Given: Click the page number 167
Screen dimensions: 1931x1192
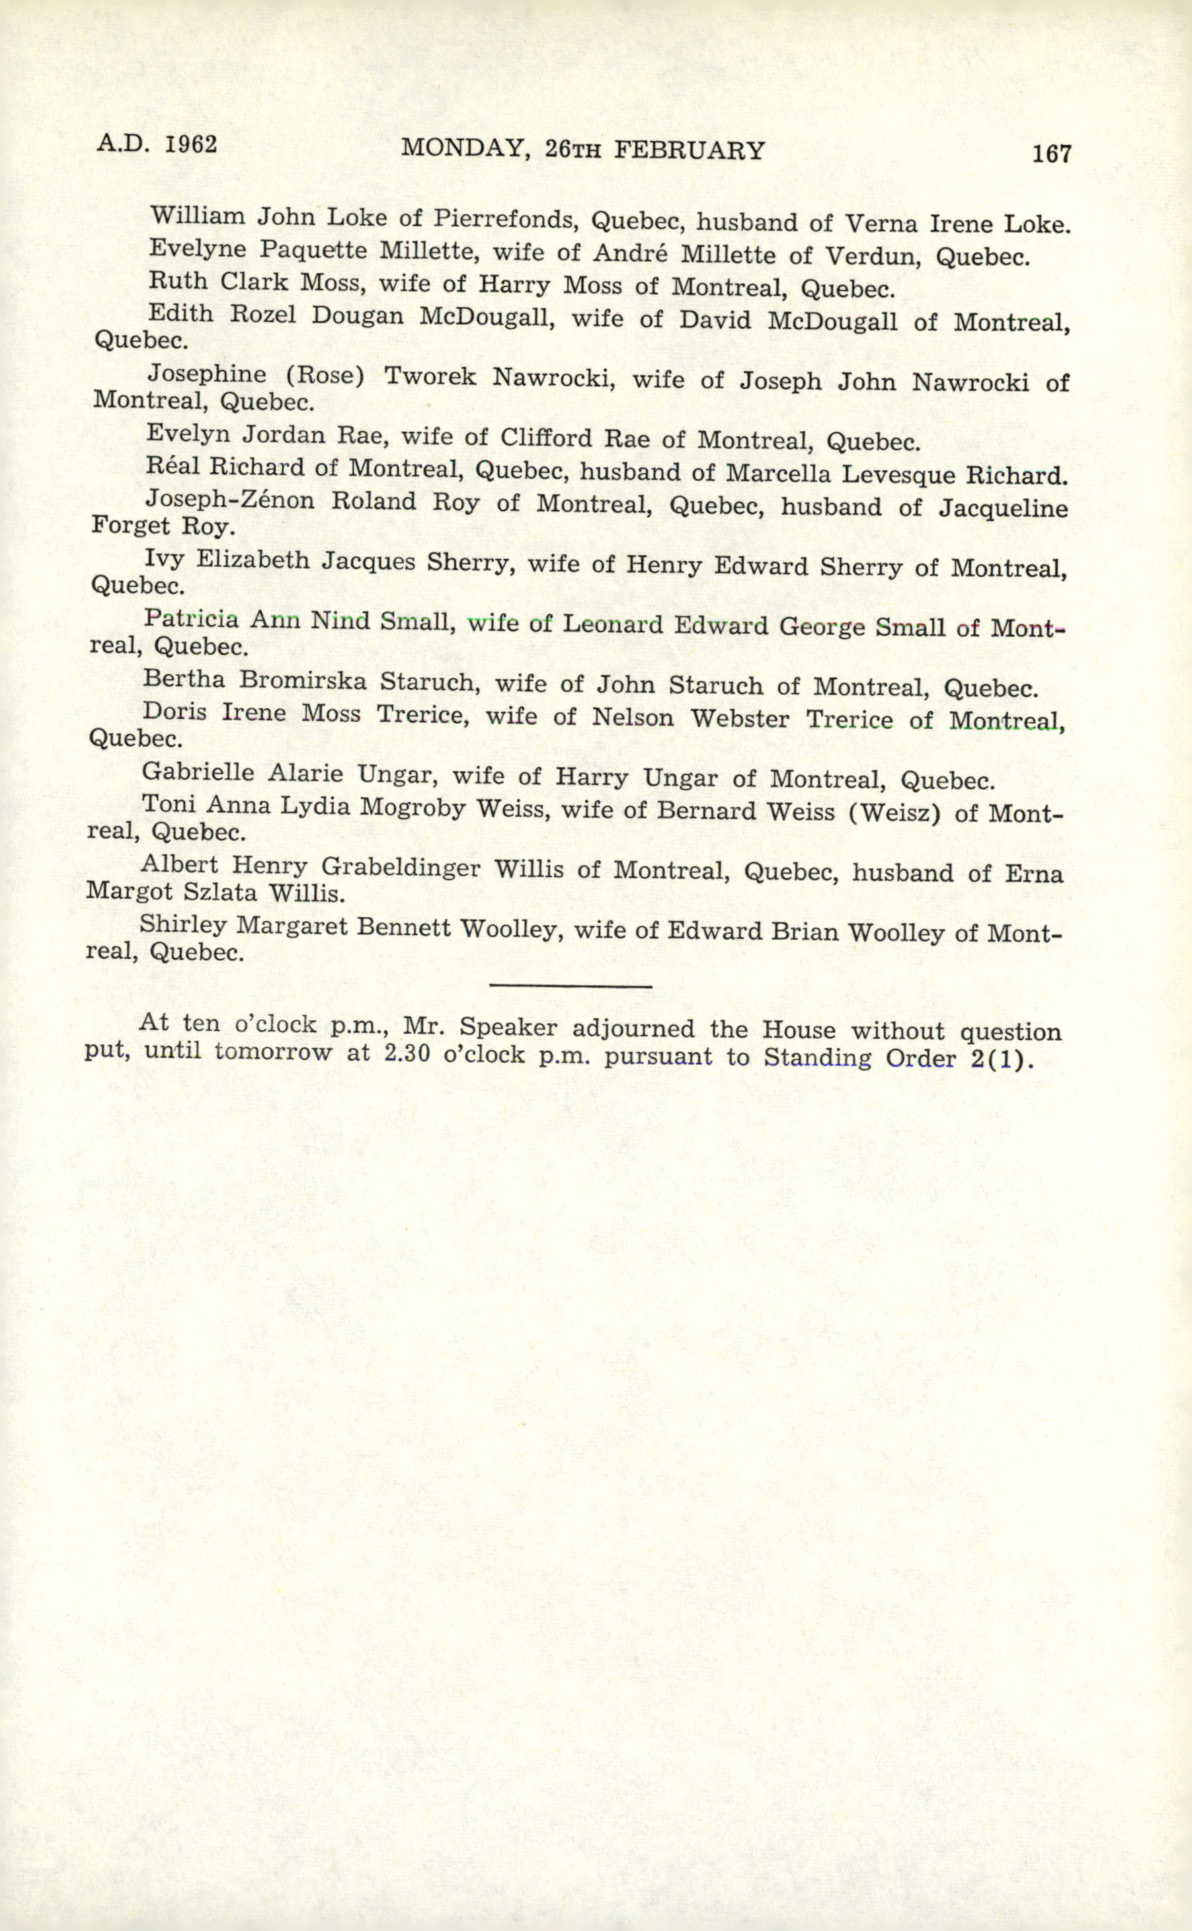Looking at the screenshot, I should (x=1052, y=154).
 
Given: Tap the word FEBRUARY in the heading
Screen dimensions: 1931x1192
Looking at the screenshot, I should (x=688, y=150).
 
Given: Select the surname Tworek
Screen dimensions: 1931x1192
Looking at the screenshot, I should (x=430, y=377).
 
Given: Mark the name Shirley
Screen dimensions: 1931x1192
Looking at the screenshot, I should (x=183, y=924).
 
